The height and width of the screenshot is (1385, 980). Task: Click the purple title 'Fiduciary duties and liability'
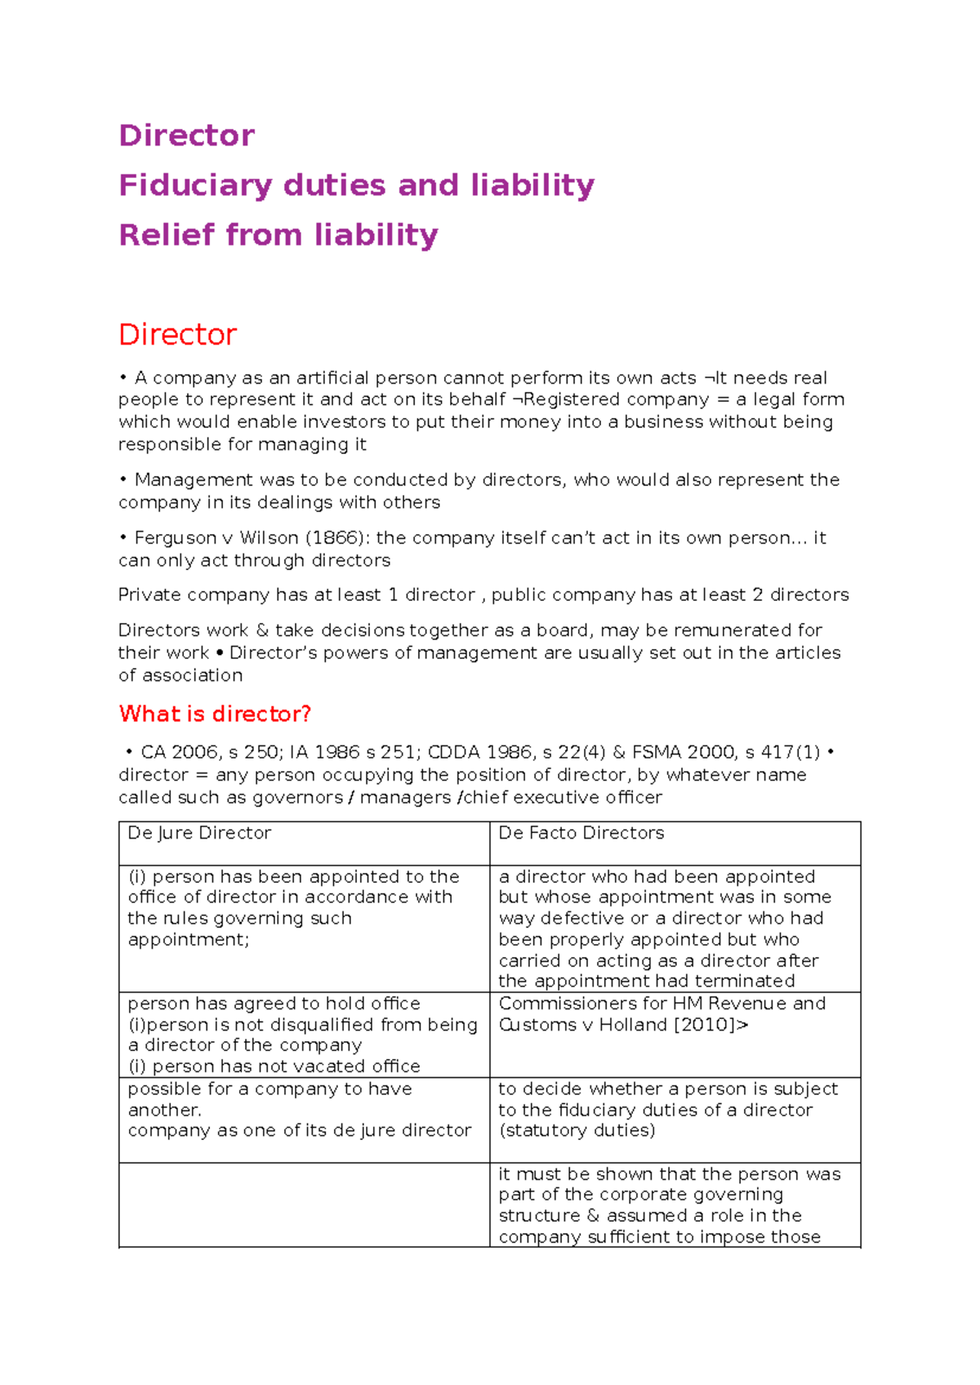click(356, 185)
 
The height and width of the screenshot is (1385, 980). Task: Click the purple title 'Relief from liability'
click(278, 235)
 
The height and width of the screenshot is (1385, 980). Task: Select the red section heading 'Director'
click(177, 334)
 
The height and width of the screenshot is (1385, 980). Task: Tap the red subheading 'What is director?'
click(215, 714)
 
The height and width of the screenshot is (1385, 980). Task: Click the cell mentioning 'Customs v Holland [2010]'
click(675, 1034)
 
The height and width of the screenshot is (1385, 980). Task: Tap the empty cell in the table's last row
click(304, 1205)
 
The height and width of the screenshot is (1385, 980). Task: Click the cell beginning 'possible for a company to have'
click(304, 1119)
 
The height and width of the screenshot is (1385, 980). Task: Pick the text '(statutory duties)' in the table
click(577, 1130)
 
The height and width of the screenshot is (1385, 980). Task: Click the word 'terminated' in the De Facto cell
click(743, 981)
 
